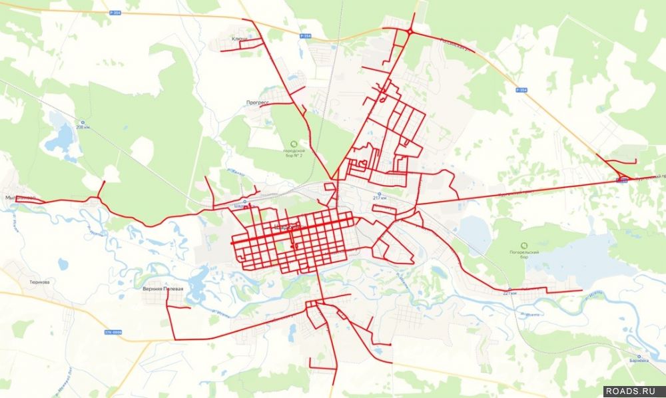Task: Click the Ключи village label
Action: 239,39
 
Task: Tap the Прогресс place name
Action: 257,102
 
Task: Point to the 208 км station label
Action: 83,128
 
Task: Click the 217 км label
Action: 380,198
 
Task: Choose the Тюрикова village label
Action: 39,282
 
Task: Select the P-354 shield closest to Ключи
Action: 305,36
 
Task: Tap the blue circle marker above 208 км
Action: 83,122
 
